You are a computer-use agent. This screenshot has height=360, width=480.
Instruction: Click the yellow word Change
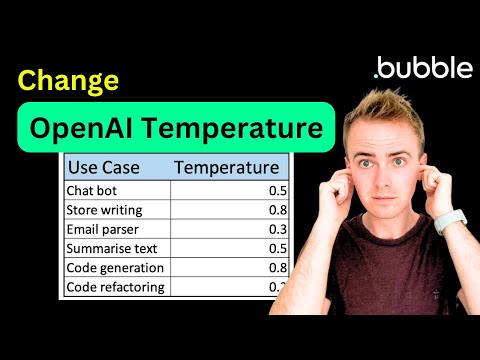click(69, 80)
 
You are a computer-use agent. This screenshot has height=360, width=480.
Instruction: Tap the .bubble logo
click(421, 67)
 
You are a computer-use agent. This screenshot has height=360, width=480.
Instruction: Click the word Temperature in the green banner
click(243, 129)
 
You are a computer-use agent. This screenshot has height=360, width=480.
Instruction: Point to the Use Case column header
click(103, 166)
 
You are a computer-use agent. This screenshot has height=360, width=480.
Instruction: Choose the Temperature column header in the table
click(227, 166)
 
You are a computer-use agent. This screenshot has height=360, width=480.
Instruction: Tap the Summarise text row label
click(112, 248)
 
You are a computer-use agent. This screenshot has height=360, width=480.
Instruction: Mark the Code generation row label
click(116, 268)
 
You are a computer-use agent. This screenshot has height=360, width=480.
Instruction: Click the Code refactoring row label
click(116, 287)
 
